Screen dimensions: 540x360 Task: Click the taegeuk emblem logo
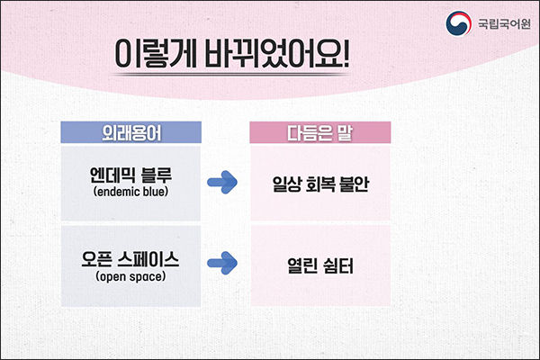(458, 23)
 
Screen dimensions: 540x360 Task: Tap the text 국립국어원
(504, 23)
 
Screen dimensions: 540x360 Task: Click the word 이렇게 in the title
(156, 54)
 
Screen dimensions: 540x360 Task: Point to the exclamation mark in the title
(346, 53)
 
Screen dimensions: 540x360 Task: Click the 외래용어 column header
(131, 132)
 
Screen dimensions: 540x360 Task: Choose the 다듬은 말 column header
(319, 132)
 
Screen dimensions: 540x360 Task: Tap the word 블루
(157, 175)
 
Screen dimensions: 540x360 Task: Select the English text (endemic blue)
(130, 192)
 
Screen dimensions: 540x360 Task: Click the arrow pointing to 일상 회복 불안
(222, 182)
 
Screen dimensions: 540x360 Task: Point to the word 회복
(320, 184)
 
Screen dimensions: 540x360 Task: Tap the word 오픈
(97, 259)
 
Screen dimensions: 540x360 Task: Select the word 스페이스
(148, 259)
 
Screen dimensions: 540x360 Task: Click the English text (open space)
(130, 276)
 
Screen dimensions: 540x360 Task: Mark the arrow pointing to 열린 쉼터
(222, 263)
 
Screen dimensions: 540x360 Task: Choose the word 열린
(302, 266)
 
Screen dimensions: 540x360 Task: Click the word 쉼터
(338, 266)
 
